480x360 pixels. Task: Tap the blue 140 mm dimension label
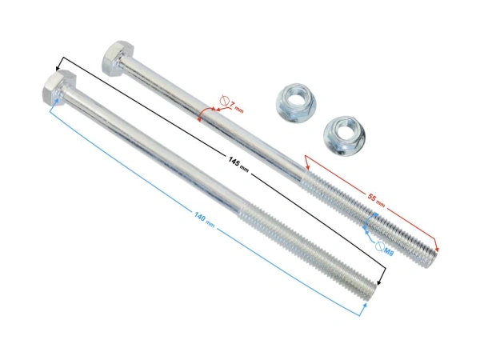(204, 220)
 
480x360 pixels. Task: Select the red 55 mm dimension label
(376, 201)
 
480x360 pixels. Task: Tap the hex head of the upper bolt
(117, 58)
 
